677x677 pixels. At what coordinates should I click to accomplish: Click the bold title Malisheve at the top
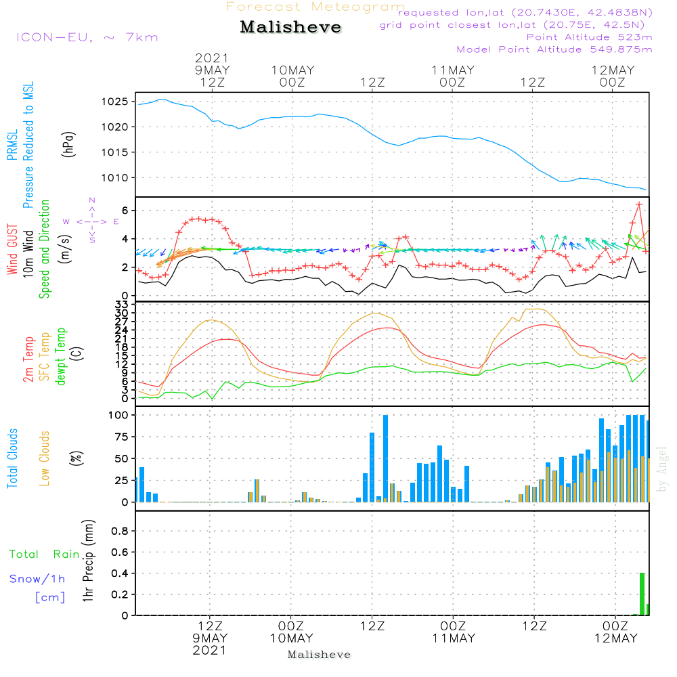290,27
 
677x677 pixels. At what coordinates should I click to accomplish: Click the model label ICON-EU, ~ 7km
87,37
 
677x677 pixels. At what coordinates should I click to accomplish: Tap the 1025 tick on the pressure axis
115,102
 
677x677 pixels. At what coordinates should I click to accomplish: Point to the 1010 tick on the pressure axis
115,178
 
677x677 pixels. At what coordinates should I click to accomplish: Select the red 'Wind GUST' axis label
12,249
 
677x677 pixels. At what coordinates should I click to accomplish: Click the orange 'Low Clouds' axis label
44,458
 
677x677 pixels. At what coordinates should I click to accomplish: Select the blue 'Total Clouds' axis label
12,458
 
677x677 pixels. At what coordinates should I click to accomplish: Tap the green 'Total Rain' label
45,554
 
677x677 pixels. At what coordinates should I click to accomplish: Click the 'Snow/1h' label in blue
37,579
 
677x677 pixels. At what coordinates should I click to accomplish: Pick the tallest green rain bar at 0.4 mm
642,594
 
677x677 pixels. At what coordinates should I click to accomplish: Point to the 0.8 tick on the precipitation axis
120,531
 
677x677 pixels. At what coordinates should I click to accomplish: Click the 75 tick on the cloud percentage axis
121,437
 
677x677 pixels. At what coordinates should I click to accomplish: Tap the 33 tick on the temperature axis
121,305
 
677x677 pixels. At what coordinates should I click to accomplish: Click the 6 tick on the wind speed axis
125,211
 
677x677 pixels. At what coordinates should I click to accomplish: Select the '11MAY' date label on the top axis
453,70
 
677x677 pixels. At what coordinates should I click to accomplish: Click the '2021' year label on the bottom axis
209,650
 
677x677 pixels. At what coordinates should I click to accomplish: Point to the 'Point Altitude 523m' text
589,37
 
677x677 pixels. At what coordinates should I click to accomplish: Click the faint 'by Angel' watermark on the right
662,469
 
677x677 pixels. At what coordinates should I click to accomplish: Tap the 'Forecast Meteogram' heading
315,7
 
